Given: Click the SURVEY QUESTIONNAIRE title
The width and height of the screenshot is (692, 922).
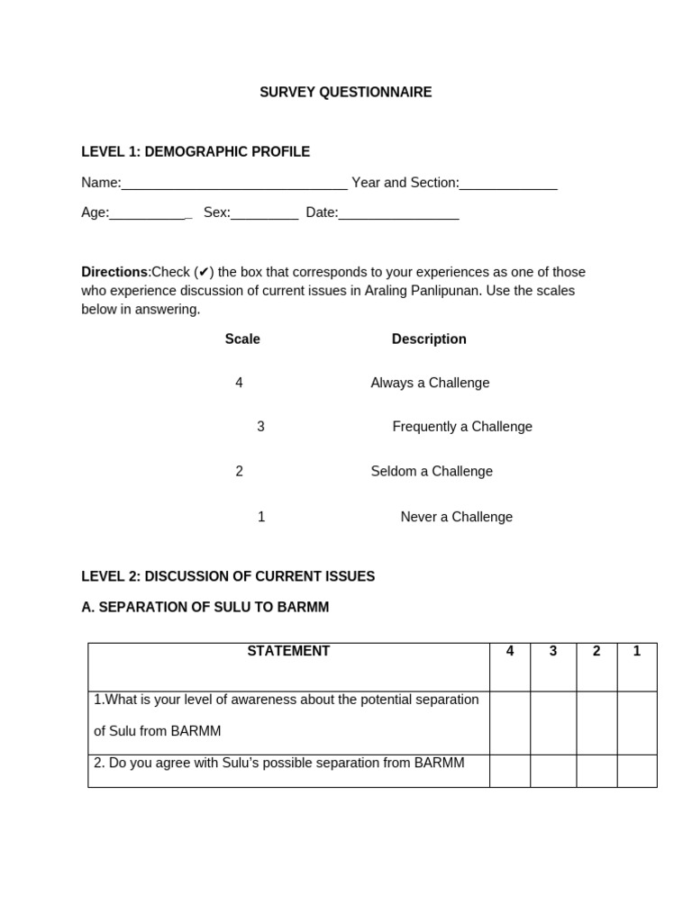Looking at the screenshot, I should tap(345, 92).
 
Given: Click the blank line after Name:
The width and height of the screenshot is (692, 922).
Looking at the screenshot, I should tap(234, 185).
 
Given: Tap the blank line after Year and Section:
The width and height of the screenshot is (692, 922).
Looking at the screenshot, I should tap(508, 185).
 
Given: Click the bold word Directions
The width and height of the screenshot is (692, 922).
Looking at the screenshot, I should tap(114, 272).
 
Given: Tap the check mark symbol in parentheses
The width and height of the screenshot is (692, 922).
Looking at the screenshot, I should tap(204, 272).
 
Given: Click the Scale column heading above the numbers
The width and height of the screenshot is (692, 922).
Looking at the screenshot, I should tap(242, 339).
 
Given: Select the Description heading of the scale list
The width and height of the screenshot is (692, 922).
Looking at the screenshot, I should tap(429, 339).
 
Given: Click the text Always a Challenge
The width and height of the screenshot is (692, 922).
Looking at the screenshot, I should tap(430, 383).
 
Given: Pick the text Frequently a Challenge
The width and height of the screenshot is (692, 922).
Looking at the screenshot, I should tap(462, 427).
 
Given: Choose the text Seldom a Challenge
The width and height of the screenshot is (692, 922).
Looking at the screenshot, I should tap(432, 471).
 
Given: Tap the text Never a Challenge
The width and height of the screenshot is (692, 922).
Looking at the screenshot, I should tap(456, 517).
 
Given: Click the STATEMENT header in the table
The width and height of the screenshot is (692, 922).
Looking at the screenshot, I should tap(288, 651).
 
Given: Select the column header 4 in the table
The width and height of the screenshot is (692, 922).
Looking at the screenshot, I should tap(510, 651).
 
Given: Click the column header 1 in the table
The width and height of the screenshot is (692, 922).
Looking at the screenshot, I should tap(637, 651).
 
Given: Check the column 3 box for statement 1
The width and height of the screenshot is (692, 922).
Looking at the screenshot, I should tap(553, 723).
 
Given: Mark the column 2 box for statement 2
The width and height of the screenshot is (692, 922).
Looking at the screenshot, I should tap(596, 771).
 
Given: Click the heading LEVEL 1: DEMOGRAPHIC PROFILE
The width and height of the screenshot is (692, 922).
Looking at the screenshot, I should tap(196, 151).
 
